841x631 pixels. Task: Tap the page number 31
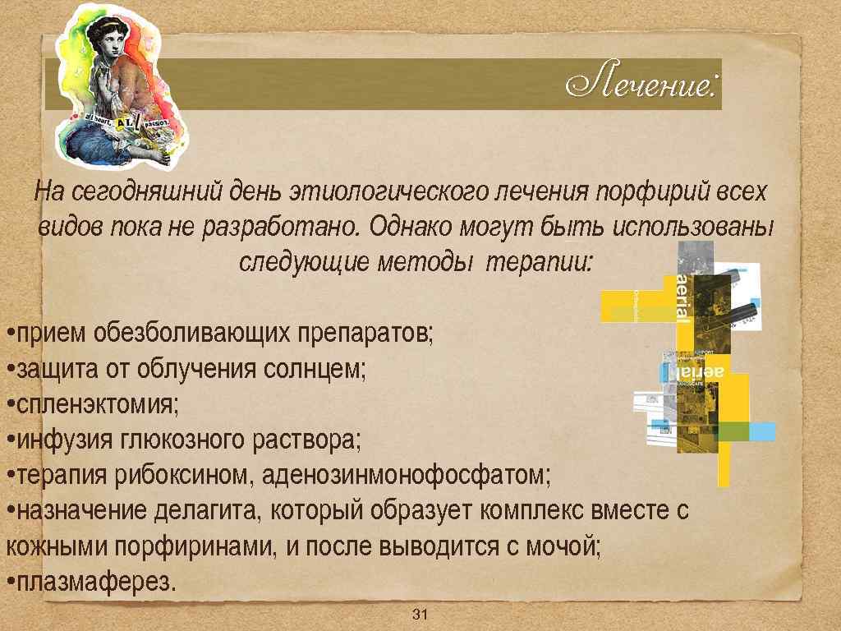click(x=420, y=615)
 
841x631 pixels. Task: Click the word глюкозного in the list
click(x=173, y=440)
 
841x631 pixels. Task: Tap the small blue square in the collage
click(x=763, y=431)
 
